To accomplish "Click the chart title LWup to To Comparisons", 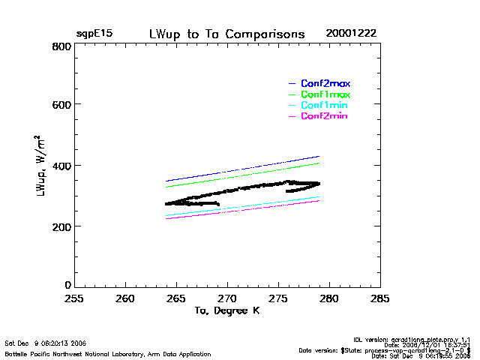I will pyautogui.click(x=226, y=34).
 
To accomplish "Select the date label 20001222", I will pyautogui.click(x=351, y=34).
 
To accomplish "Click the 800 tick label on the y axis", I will pyautogui.click(x=61, y=46).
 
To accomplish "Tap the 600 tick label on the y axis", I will pyautogui.click(x=61, y=105).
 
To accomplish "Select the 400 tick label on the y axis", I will pyautogui.click(x=61, y=166).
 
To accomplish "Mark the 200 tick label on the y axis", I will pyautogui.click(x=61, y=226).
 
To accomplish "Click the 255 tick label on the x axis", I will pyautogui.click(x=73, y=298).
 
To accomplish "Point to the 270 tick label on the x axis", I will pyautogui.click(x=226, y=298).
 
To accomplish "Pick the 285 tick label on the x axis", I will pyautogui.click(x=380, y=298).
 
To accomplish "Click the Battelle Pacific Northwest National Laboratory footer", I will pyautogui.click(x=108, y=354).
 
